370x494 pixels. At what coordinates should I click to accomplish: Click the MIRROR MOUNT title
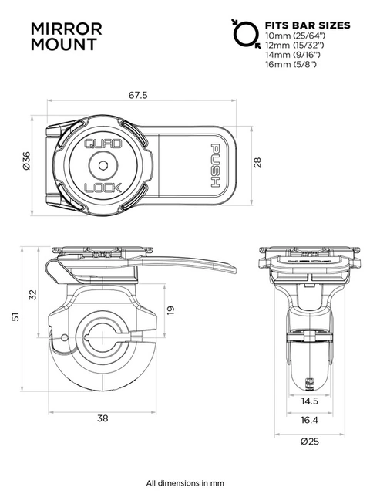(66, 37)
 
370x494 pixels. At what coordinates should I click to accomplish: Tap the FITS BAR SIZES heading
(307, 25)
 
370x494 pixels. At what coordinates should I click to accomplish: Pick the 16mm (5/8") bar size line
(292, 65)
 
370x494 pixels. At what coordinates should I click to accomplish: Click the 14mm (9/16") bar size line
(294, 56)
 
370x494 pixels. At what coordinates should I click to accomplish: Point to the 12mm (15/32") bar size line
(295, 46)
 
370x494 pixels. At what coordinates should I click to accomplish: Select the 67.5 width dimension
(138, 95)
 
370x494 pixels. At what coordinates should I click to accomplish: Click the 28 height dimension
(257, 163)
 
